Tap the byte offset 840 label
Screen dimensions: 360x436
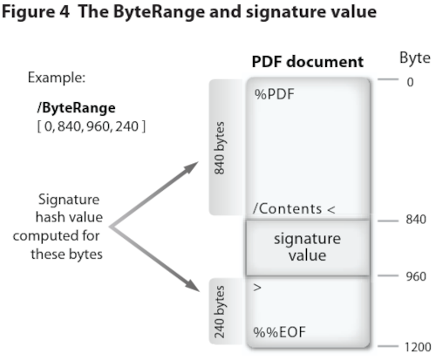[x=415, y=220]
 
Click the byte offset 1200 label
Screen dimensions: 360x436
[x=417, y=346]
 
